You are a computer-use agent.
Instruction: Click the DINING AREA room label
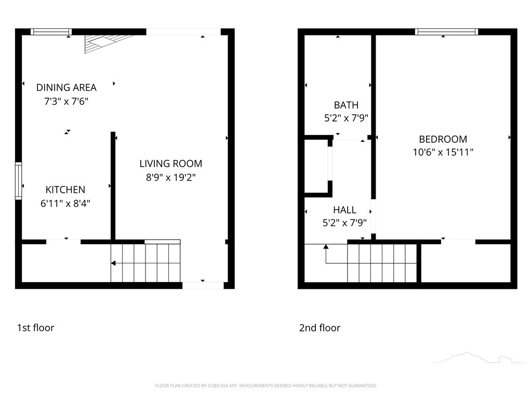coord(66,87)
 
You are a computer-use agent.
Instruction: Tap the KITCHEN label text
coord(65,190)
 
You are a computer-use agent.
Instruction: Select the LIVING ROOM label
coord(171,164)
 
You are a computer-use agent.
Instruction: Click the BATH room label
coord(346,105)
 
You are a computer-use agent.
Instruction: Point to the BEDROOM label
coord(443,139)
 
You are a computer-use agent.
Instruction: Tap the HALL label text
coord(345,210)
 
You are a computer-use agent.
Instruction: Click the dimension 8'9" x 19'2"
coord(171,178)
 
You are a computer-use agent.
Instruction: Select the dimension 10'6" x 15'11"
coord(443,152)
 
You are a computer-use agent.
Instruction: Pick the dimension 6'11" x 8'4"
coord(65,204)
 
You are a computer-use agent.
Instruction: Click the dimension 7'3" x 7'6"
coord(66,101)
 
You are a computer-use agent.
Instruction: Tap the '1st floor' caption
coord(36,328)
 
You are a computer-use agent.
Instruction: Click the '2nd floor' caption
coord(320,328)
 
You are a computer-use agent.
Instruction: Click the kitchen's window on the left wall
coord(18,181)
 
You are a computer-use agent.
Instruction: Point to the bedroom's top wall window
coord(446,32)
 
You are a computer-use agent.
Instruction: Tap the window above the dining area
coord(51,32)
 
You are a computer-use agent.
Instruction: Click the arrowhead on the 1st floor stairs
coord(113,263)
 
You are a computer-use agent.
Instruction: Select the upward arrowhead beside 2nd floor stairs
coord(326,247)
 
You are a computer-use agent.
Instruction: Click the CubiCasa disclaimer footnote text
coord(266,386)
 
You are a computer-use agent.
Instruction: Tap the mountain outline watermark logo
coord(478,357)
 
